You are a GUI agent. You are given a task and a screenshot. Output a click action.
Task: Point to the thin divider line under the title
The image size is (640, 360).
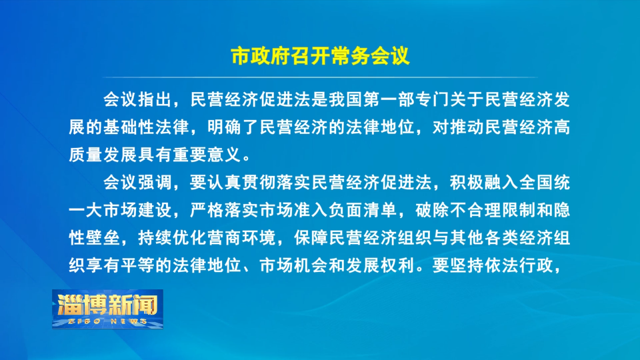click(x=320, y=77)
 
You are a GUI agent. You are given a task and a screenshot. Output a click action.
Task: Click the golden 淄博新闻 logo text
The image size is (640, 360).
click(x=107, y=304)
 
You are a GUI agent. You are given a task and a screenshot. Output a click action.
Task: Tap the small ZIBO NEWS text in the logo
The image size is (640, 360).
click(x=107, y=321)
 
